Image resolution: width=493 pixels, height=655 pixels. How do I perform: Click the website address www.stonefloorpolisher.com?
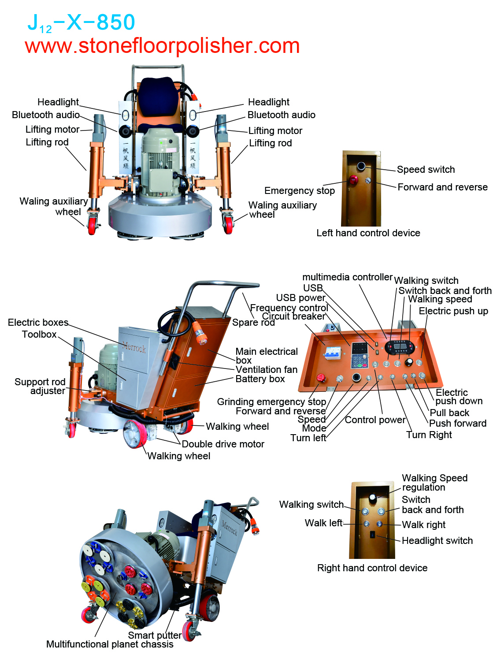(162, 46)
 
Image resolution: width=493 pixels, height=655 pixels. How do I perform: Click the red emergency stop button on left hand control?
(353, 180)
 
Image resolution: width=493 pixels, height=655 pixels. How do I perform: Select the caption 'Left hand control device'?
(368, 233)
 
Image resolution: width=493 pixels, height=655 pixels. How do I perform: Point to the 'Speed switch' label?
(426, 170)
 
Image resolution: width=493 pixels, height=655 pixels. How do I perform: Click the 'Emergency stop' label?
(300, 191)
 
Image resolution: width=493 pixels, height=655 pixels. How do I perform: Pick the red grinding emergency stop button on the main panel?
(321, 378)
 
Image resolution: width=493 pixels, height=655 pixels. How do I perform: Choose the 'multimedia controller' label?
(347, 277)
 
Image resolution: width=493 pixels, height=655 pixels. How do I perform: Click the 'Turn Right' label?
(429, 435)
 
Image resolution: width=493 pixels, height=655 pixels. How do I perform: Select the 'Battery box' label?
(260, 379)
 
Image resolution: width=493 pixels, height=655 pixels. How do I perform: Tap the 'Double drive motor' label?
(223, 444)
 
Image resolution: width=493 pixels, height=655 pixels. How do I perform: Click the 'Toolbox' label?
(39, 335)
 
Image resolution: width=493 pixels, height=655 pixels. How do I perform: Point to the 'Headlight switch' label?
(437, 541)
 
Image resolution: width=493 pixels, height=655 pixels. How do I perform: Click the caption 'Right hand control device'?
(372, 568)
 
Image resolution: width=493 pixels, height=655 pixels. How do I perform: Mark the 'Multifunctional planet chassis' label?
(110, 644)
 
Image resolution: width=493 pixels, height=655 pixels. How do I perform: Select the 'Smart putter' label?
(154, 635)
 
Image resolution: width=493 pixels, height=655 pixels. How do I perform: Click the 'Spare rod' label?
(253, 323)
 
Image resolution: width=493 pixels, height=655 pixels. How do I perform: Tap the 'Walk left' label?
(323, 523)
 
